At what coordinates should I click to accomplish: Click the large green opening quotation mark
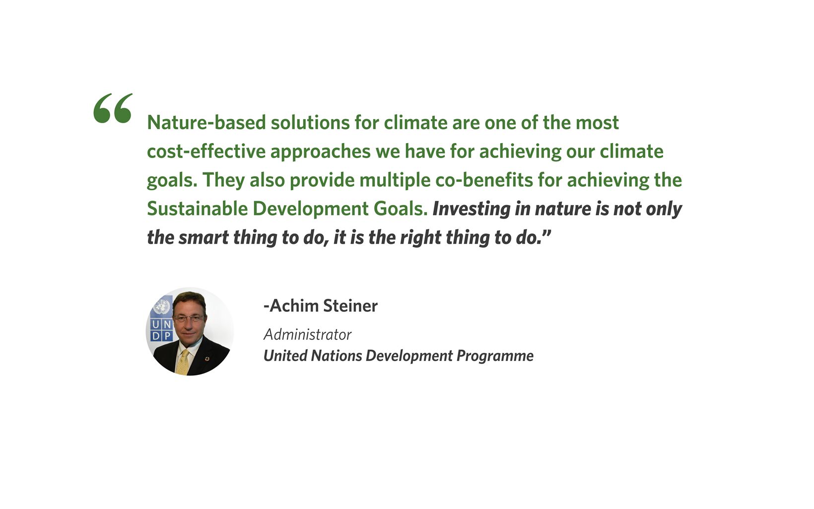coord(113,108)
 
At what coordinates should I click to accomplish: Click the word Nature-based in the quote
coord(206,123)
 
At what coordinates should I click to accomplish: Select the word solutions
coord(310,123)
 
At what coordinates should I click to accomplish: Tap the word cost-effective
coord(206,151)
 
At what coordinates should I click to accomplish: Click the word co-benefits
coord(484,180)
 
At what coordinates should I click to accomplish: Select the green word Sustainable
coord(198,209)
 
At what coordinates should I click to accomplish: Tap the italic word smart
coord(203,238)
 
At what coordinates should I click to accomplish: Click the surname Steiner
coord(350,306)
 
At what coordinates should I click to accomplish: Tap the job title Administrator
coord(307,335)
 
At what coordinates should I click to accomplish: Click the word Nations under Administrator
coord(336,356)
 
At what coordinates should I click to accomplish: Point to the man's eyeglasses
coord(189,318)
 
